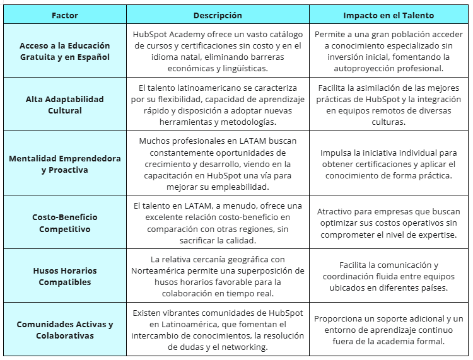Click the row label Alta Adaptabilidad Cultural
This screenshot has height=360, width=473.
click(64, 105)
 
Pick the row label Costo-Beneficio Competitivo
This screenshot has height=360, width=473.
click(64, 223)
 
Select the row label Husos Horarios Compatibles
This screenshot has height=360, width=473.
click(64, 276)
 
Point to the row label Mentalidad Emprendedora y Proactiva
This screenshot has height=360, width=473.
click(64, 164)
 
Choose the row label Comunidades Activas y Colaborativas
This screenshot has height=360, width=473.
click(64, 330)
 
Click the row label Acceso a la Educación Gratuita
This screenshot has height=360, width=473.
click(64, 51)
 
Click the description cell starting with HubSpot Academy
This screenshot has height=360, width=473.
click(218, 51)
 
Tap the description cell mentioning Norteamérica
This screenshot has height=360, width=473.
click(218, 276)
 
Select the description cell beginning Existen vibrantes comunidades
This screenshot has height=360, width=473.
click(218, 330)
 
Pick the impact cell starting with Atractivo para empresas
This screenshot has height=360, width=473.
click(388, 223)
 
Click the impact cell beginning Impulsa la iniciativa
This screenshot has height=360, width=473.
click(388, 164)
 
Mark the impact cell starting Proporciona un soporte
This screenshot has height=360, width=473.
click(388, 330)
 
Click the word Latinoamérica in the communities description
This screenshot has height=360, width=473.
click(177, 324)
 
